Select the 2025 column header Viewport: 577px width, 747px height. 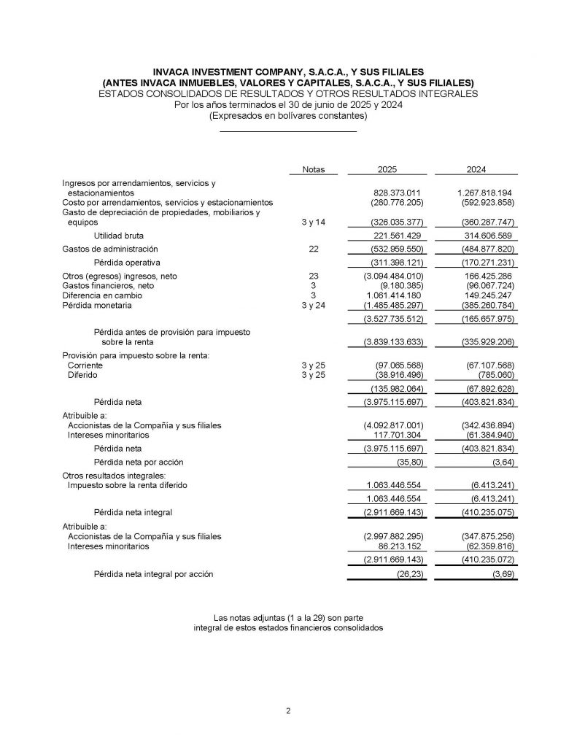coord(387,169)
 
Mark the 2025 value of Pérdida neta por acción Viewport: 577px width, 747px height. coord(408,462)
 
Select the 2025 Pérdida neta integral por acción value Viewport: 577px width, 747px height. coord(408,574)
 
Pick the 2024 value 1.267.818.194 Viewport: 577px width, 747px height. coord(482,192)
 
